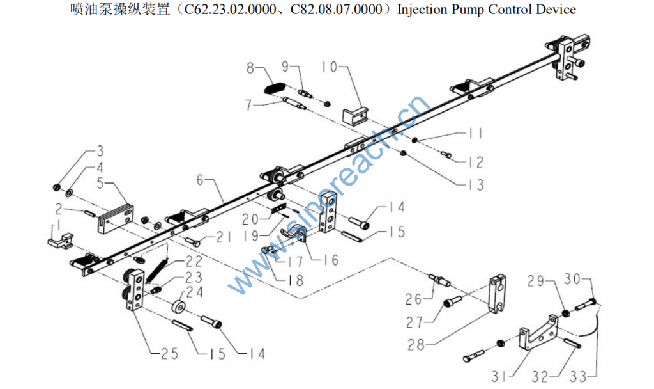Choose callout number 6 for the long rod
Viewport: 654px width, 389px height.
[x=201, y=180]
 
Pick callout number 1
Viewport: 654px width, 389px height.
[x=57, y=225]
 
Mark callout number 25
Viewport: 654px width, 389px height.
[x=161, y=353]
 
